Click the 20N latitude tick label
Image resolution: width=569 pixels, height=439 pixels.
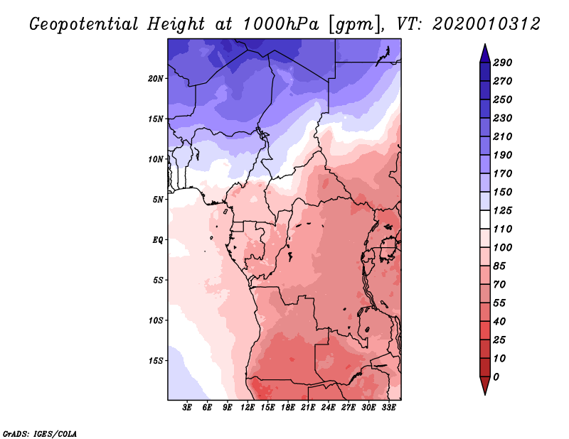point(156,78)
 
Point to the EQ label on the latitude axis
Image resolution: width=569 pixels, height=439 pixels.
point(158,239)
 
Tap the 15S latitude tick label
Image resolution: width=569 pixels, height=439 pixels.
point(156,361)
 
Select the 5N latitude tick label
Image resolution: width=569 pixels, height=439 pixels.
point(158,200)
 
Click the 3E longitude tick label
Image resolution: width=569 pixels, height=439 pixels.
point(188,408)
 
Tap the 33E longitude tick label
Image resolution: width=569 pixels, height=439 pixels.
point(389,408)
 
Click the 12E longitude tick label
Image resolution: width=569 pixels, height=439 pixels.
point(248,408)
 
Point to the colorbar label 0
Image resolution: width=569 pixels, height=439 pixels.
point(496,376)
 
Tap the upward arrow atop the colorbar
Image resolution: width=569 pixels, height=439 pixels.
point(484,51)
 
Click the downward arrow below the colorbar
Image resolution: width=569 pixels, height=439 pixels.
point(484,386)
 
